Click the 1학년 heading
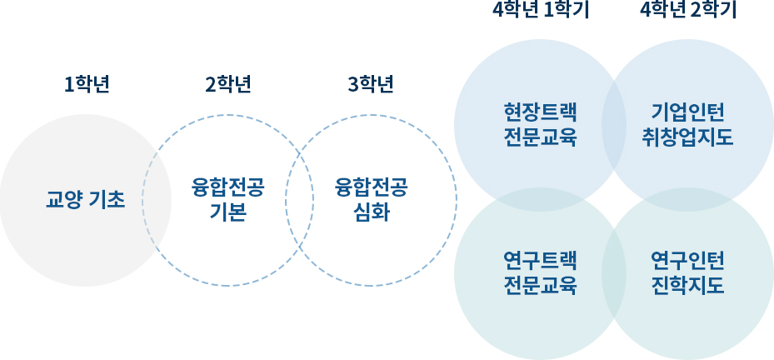pyautogui.click(x=87, y=84)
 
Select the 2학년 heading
pyautogui.click(x=228, y=84)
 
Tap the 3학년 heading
pyautogui.click(x=371, y=84)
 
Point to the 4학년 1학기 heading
pyautogui.click(x=540, y=11)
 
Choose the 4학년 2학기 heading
pyautogui.click(x=688, y=11)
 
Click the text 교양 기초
pyautogui.click(x=85, y=200)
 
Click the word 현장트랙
pyautogui.click(x=540, y=112)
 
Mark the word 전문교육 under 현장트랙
pyautogui.click(x=540, y=137)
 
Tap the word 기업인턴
pyautogui.click(x=688, y=112)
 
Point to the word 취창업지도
pyautogui.click(x=688, y=137)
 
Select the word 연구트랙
pyautogui.click(x=540, y=261)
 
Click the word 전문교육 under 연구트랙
pyautogui.click(x=540, y=286)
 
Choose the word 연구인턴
pyautogui.click(x=688, y=261)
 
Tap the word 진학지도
pyautogui.click(x=688, y=286)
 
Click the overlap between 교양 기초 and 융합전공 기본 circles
pyautogui.click(x=157, y=200)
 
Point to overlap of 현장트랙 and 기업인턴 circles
pyautogui.click(x=614, y=124)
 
